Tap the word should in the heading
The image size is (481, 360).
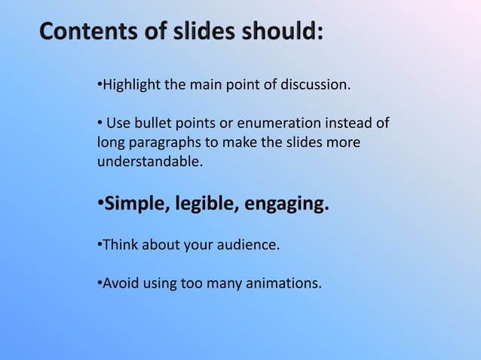click(282, 32)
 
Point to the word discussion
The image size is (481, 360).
click(315, 84)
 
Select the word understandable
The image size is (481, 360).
click(150, 160)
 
